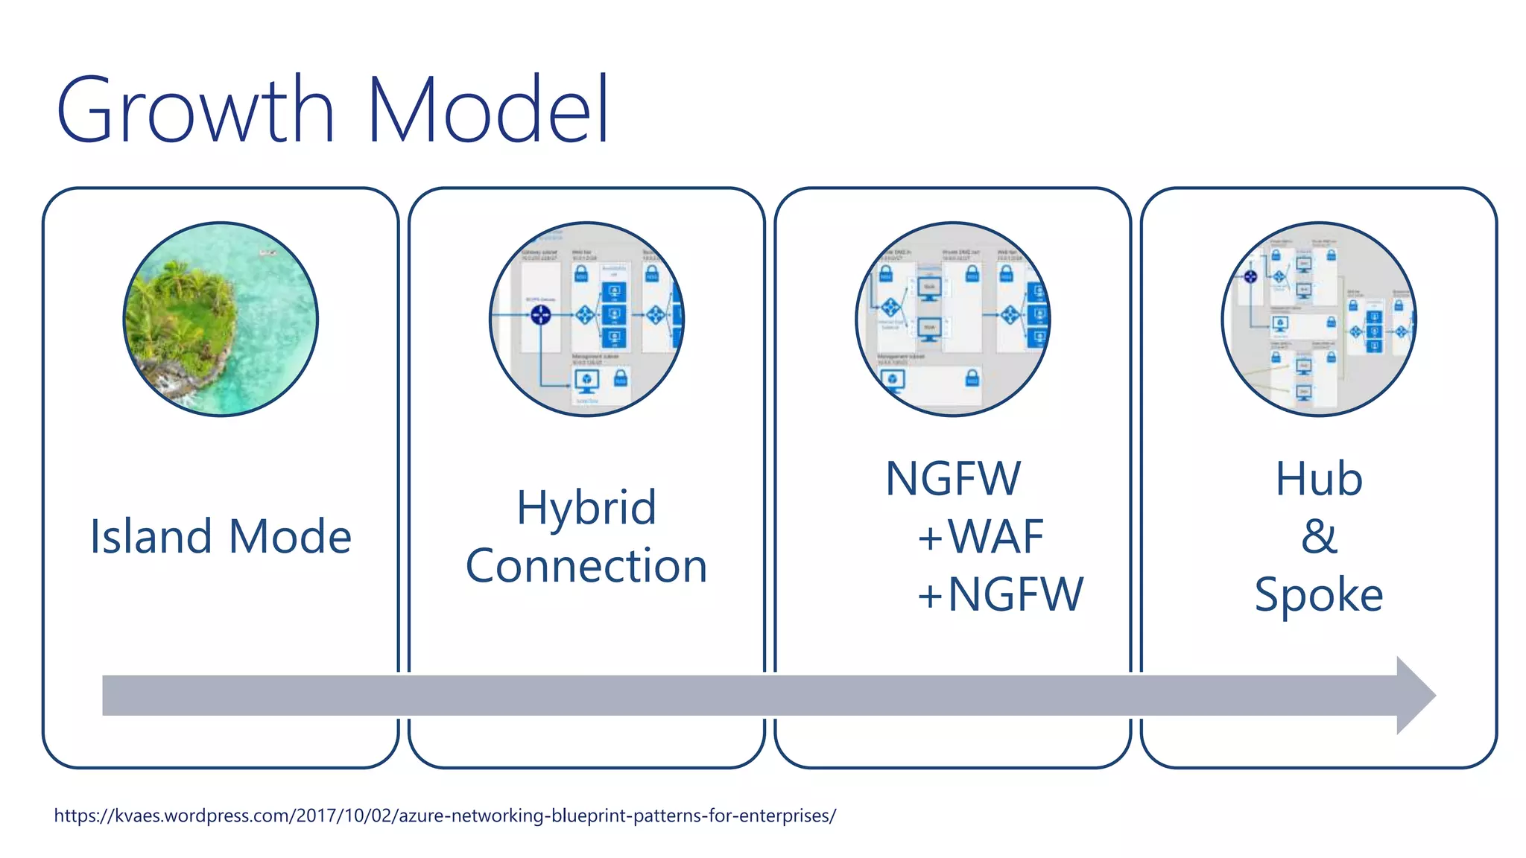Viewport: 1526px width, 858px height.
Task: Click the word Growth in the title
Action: coord(195,110)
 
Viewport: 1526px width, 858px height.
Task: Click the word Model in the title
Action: coord(488,110)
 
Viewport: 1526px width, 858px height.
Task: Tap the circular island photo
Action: coord(221,320)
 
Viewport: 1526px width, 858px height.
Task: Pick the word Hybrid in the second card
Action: coord(586,508)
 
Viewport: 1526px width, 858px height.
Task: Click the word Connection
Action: coord(586,566)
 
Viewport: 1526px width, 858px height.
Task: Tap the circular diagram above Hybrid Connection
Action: coord(586,320)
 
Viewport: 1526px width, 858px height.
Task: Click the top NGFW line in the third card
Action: coord(952,479)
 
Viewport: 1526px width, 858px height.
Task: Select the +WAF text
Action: coord(980,536)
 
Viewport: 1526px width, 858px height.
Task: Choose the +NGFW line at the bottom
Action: coord(999,594)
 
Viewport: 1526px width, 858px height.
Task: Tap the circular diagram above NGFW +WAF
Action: coord(952,320)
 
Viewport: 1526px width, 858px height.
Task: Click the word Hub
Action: coord(1319,479)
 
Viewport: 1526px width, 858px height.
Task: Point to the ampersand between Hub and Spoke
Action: coord(1319,536)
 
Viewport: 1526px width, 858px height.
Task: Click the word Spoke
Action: coord(1319,594)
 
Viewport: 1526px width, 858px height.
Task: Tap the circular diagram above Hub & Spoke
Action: coord(1319,320)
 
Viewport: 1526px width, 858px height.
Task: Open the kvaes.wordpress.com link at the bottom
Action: coord(445,816)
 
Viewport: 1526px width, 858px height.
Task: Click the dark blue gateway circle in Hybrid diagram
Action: coord(540,315)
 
